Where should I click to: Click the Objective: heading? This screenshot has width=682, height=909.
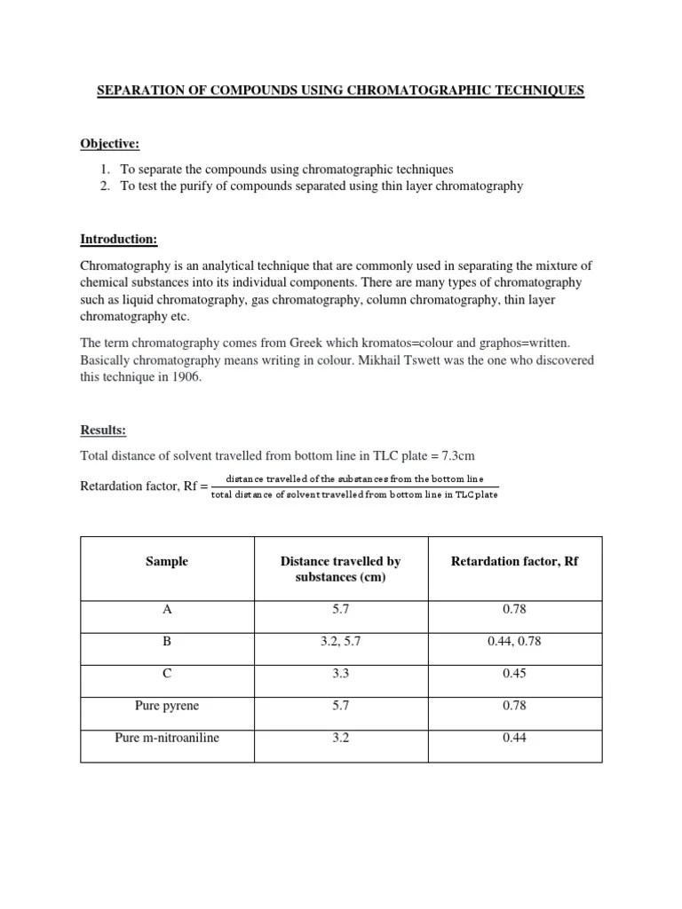click(x=110, y=144)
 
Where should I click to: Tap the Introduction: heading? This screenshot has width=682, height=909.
click(x=119, y=240)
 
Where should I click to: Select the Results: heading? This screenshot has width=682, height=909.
click(x=103, y=431)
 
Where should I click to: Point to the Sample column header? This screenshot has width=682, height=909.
click(x=167, y=562)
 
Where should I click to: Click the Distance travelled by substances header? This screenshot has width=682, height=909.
click(x=340, y=570)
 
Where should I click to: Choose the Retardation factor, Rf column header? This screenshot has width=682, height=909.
click(x=514, y=562)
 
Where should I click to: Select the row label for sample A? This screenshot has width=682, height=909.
click(x=167, y=610)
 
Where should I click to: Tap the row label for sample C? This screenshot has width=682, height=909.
click(x=167, y=674)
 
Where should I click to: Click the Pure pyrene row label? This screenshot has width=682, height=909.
click(x=167, y=706)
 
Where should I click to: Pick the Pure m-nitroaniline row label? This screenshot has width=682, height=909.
click(x=167, y=738)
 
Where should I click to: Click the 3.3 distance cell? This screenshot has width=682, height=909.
click(x=340, y=674)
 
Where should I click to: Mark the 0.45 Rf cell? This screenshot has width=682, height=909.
click(x=514, y=674)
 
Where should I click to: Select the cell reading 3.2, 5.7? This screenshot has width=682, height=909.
click(x=340, y=642)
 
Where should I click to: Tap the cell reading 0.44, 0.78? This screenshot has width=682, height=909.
click(x=514, y=642)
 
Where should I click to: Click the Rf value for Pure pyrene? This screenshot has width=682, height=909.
click(x=514, y=706)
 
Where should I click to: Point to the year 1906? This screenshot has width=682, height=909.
click(x=187, y=377)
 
